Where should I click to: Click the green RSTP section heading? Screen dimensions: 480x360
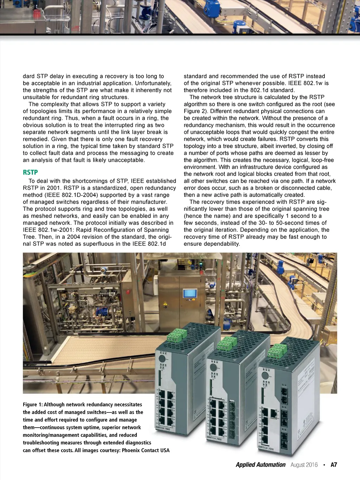tap(30, 172)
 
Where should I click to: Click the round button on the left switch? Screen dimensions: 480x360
tap(162, 359)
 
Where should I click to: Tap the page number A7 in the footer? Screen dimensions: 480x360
tap(334, 465)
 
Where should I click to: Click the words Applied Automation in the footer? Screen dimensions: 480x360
tap(261, 465)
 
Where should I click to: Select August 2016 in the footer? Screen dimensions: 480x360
tap(304, 465)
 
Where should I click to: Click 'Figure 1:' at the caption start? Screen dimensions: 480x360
tap(33, 405)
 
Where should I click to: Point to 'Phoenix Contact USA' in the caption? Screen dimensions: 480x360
tap(146, 450)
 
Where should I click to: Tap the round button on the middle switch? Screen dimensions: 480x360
tap(213, 367)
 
